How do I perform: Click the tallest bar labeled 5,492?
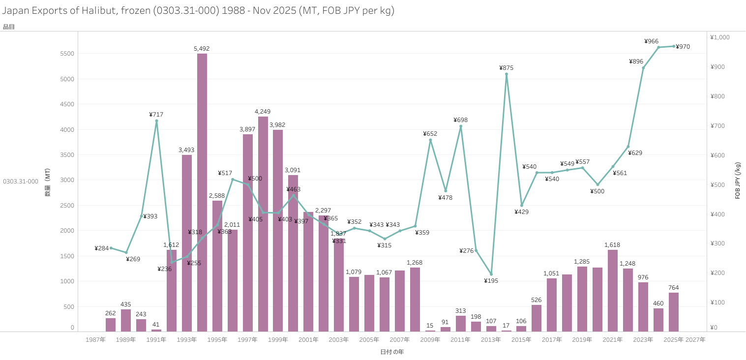(x=202, y=192)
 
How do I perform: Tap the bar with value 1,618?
(x=613, y=290)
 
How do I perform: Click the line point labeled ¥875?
(x=507, y=74)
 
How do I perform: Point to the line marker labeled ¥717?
(x=156, y=121)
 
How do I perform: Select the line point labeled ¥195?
(x=491, y=274)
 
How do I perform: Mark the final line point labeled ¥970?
(x=674, y=46)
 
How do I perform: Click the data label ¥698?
(x=461, y=120)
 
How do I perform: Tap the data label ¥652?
(x=430, y=134)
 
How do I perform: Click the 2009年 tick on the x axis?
(x=430, y=340)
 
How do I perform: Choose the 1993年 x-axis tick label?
(x=187, y=340)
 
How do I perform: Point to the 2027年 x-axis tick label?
(x=695, y=340)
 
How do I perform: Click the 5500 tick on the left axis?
(x=66, y=54)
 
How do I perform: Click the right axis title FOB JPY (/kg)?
(x=738, y=180)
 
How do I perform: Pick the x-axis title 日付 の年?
(x=392, y=352)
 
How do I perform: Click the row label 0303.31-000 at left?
(x=21, y=181)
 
